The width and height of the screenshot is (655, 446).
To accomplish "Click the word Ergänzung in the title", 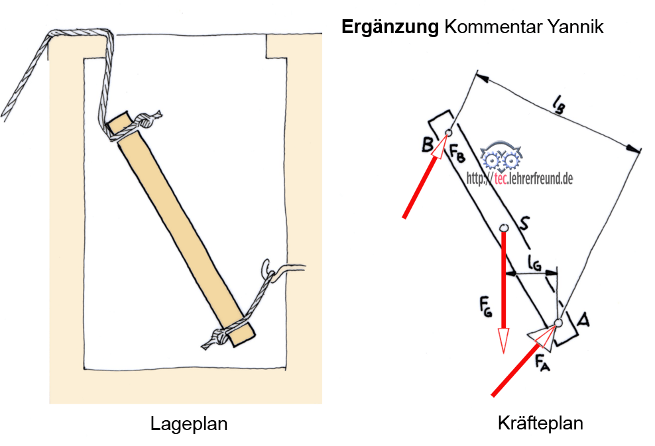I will (389, 27).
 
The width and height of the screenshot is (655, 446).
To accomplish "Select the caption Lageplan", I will (188, 423).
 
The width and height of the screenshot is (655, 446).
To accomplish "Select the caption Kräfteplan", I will (540, 423).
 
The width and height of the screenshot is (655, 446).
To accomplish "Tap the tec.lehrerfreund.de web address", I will (520, 178).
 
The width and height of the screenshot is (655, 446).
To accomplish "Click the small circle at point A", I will (558, 323).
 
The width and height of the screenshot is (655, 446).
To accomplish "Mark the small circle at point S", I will (503, 228).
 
